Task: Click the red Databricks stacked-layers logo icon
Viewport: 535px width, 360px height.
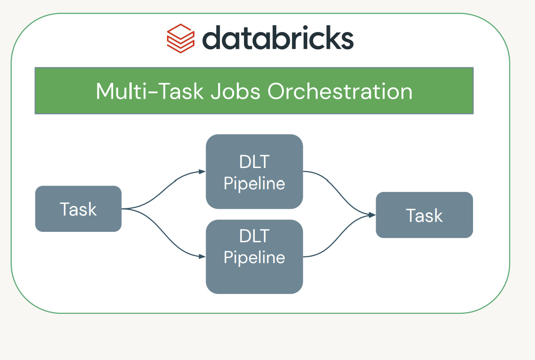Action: (181, 38)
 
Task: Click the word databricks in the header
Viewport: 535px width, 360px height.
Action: (277, 38)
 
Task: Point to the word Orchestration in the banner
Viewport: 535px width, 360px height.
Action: (340, 91)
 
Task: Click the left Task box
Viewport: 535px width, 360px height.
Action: (78, 209)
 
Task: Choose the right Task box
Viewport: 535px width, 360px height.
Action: (424, 215)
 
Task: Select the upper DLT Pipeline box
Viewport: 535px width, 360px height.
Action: (254, 172)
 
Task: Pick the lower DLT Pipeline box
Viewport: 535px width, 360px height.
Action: (254, 257)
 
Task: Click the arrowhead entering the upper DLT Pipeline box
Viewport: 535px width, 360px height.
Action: (202, 172)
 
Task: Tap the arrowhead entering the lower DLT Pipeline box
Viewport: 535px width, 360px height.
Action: (202, 257)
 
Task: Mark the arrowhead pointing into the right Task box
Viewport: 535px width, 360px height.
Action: (373, 215)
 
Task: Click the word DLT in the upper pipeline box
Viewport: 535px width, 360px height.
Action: (254, 162)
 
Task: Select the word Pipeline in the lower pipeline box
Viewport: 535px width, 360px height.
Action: (254, 257)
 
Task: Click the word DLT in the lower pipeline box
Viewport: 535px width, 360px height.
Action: (254, 236)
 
